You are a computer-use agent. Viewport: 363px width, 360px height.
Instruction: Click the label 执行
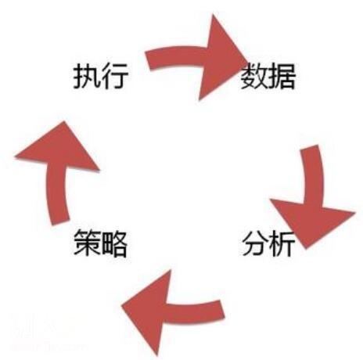tap(101, 76)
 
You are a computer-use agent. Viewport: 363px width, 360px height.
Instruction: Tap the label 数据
tap(268, 76)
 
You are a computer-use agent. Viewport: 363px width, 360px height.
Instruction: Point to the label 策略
tap(101, 243)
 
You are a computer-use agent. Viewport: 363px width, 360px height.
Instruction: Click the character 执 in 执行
tap(87, 76)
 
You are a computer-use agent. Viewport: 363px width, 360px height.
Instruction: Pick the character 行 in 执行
tap(115, 76)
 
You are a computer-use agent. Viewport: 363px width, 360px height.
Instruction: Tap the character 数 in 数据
tap(254, 76)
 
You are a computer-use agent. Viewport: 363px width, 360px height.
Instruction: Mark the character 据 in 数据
tap(282, 76)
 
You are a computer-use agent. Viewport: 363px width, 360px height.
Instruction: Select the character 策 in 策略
tap(87, 243)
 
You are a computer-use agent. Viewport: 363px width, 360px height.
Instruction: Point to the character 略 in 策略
tap(115, 243)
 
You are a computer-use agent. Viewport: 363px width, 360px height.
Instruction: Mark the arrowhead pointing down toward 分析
tap(311, 221)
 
